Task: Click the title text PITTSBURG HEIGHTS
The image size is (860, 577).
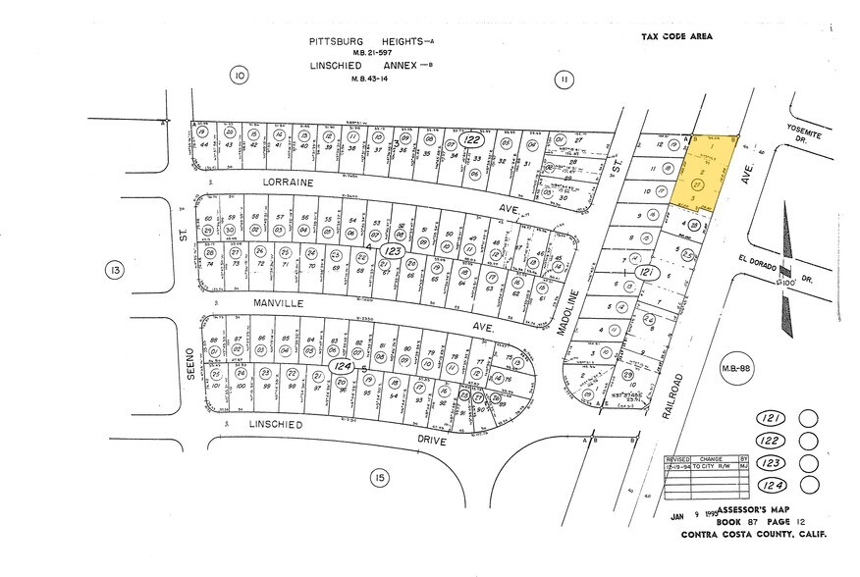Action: point(359,42)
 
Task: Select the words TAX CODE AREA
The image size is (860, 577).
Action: point(676,37)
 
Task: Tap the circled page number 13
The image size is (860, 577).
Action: point(115,270)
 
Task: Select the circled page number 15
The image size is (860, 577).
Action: point(379,478)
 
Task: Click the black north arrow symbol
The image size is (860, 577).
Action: point(785,270)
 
